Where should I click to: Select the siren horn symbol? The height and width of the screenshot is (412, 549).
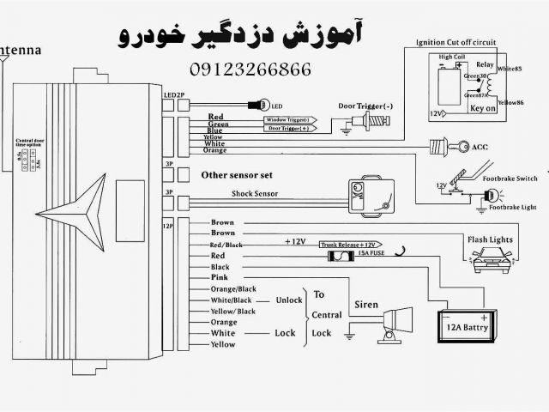(391, 323)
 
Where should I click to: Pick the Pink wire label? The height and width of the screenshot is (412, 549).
(219, 278)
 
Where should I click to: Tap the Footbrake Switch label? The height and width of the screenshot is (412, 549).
(509, 178)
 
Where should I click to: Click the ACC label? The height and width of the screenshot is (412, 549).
(479, 148)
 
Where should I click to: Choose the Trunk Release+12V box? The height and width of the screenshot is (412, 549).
(352, 245)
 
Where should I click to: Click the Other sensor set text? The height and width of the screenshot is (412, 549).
(236, 175)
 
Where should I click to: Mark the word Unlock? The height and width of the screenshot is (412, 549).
(289, 300)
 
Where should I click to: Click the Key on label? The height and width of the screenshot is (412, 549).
(482, 110)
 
